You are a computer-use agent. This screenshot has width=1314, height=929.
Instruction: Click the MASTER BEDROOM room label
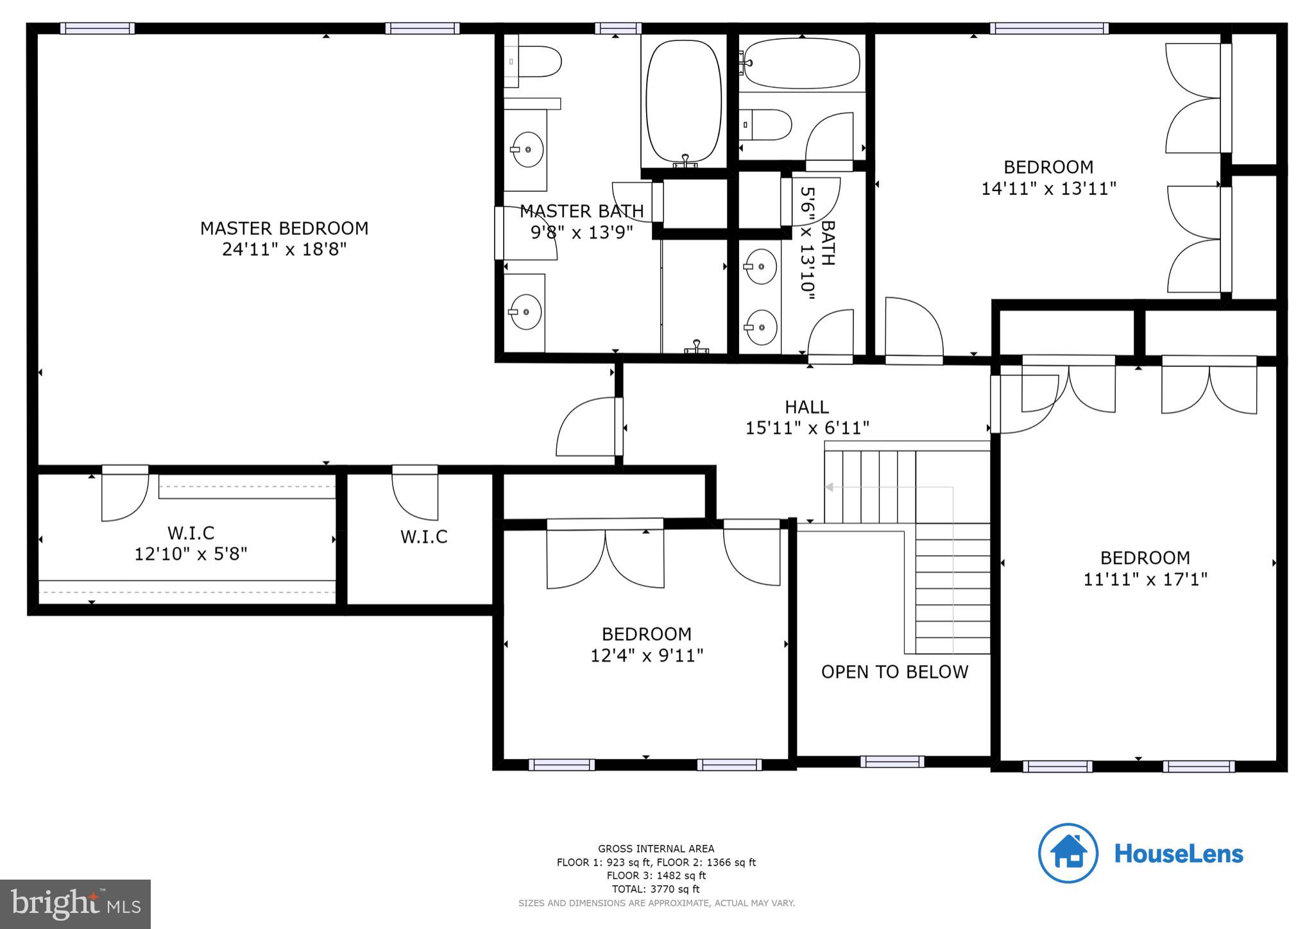(284, 228)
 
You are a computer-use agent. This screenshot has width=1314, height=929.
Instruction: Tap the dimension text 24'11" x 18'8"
(284, 250)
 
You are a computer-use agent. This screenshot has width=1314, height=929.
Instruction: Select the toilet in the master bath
(536, 62)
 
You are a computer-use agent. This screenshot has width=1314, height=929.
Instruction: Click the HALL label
(806, 407)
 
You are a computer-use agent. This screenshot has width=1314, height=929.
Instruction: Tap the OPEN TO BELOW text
(894, 672)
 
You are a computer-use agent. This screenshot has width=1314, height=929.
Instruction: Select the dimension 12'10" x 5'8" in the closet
(191, 554)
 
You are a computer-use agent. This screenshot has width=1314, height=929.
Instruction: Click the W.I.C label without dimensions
(423, 537)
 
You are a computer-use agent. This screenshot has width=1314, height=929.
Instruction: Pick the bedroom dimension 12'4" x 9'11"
(647, 656)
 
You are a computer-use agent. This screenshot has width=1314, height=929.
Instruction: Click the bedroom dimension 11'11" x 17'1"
(1145, 579)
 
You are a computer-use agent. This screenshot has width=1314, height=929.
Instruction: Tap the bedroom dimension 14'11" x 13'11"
(1048, 189)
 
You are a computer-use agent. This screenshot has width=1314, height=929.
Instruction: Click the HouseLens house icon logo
(1068, 853)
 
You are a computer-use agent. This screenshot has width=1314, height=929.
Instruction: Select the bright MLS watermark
(76, 904)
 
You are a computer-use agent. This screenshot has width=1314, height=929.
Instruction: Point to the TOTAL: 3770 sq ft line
(656, 889)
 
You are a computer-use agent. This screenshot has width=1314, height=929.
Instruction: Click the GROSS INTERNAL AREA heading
(656, 849)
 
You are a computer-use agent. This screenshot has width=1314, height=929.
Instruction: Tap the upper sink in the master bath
(528, 149)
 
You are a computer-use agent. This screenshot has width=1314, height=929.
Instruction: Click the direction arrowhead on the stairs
(829, 488)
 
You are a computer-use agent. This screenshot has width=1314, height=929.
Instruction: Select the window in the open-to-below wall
(892, 762)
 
